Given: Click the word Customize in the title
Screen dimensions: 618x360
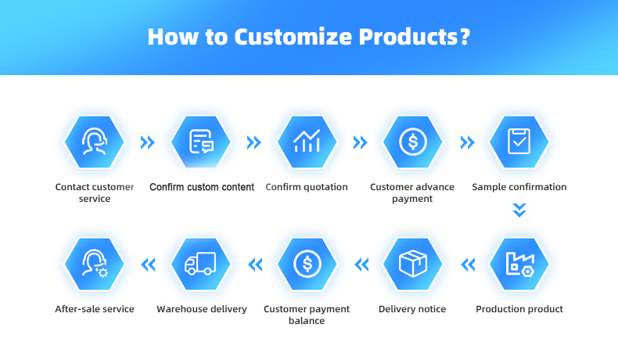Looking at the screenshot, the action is click(x=293, y=37).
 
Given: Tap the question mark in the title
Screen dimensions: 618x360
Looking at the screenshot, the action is click(x=465, y=36).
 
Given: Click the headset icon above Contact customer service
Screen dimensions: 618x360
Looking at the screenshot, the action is click(x=94, y=141).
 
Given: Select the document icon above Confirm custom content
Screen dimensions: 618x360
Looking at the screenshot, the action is click(x=201, y=141).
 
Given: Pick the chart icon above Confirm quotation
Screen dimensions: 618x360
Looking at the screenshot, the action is click(x=307, y=141).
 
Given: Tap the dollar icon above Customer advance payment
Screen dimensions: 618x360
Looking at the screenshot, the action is click(x=413, y=142).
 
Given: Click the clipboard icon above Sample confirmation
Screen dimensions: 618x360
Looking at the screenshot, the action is click(x=519, y=141).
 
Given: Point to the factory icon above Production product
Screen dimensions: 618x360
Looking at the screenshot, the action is click(x=520, y=265).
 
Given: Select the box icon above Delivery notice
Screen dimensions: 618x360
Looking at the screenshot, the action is click(x=413, y=264).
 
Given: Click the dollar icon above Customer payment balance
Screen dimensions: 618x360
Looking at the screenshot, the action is click(x=307, y=264).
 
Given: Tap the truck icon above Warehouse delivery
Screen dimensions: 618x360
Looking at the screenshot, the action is click(x=200, y=264).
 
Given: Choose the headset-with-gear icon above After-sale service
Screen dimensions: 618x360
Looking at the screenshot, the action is click(x=95, y=264).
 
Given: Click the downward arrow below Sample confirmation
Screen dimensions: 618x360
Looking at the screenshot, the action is click(x=519, y=211).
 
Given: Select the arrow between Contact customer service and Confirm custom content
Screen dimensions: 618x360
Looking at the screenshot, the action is click(x=148, y=142).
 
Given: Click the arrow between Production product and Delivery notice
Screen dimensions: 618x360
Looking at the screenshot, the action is click(x=468, y=265).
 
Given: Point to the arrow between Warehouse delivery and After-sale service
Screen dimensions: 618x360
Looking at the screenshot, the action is click(x=148, y=265).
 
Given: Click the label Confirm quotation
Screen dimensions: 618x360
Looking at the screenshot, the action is click(x=307, y=187).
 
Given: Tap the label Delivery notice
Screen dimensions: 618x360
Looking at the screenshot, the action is click(x=412, y=309).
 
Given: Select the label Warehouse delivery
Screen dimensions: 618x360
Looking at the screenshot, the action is click(x=202, y=309).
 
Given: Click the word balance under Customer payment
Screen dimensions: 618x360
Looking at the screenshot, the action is click(x=307, y=321).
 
